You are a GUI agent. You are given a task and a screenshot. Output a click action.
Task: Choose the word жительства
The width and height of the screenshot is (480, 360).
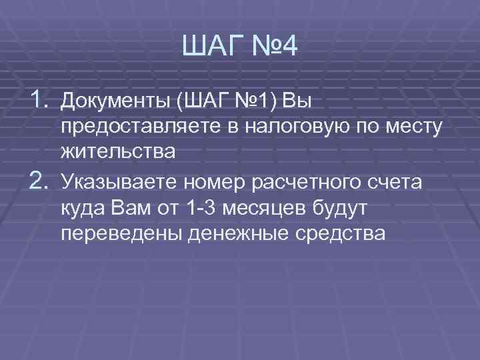pyautogui.click(x=118, y=151)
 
